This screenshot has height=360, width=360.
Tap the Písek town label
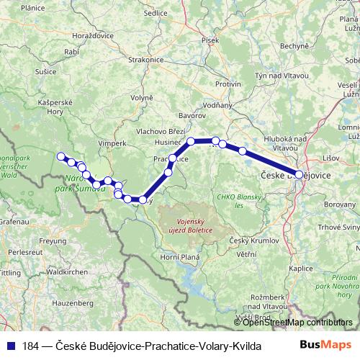(210, 40)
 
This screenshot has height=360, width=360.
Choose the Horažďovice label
(94, 35)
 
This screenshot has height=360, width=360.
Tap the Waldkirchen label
(66, 272)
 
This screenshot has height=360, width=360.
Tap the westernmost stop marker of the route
(61, 156)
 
